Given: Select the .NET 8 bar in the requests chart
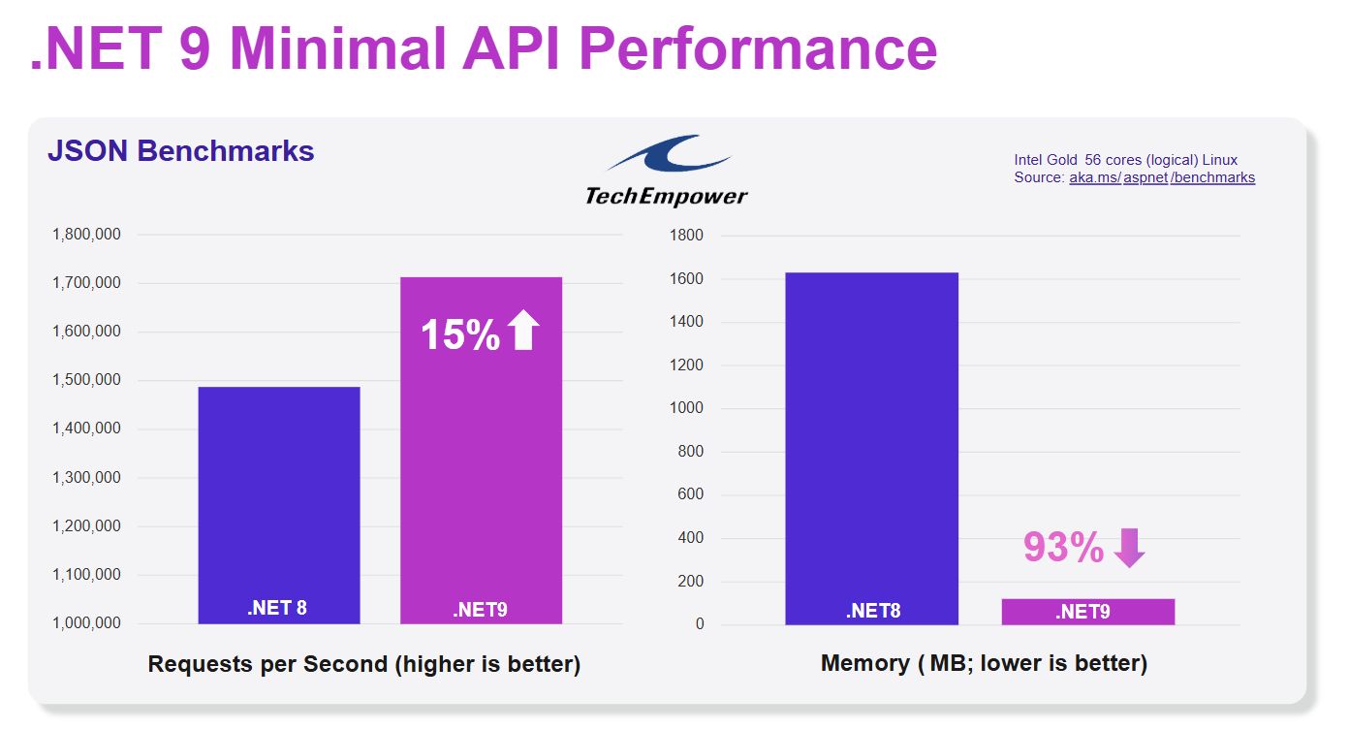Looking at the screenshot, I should pos(279,504).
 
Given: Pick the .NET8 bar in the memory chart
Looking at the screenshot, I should pos(871,446).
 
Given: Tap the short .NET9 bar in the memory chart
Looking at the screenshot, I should pos(1087,612).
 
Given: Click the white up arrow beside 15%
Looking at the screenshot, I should pos(523,332).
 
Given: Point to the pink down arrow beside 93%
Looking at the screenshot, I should pos(1129,548).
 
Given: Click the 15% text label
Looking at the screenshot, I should pos(459,334).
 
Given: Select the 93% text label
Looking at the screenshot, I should pos(1063,548).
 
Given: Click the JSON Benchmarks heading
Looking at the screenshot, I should pos(181,151).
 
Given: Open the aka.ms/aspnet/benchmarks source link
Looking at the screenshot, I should pos(1162,177).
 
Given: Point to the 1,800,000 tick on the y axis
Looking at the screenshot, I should pos(86,235).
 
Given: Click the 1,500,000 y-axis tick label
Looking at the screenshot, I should pos(86,380).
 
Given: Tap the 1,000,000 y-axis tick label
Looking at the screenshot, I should pos(86,623).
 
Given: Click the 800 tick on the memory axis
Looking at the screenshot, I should pos(690,452).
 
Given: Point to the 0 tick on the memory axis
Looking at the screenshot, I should pos(700,624).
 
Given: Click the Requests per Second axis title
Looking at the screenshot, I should pos(363,664).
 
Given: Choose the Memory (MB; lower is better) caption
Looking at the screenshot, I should pos(984,664).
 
